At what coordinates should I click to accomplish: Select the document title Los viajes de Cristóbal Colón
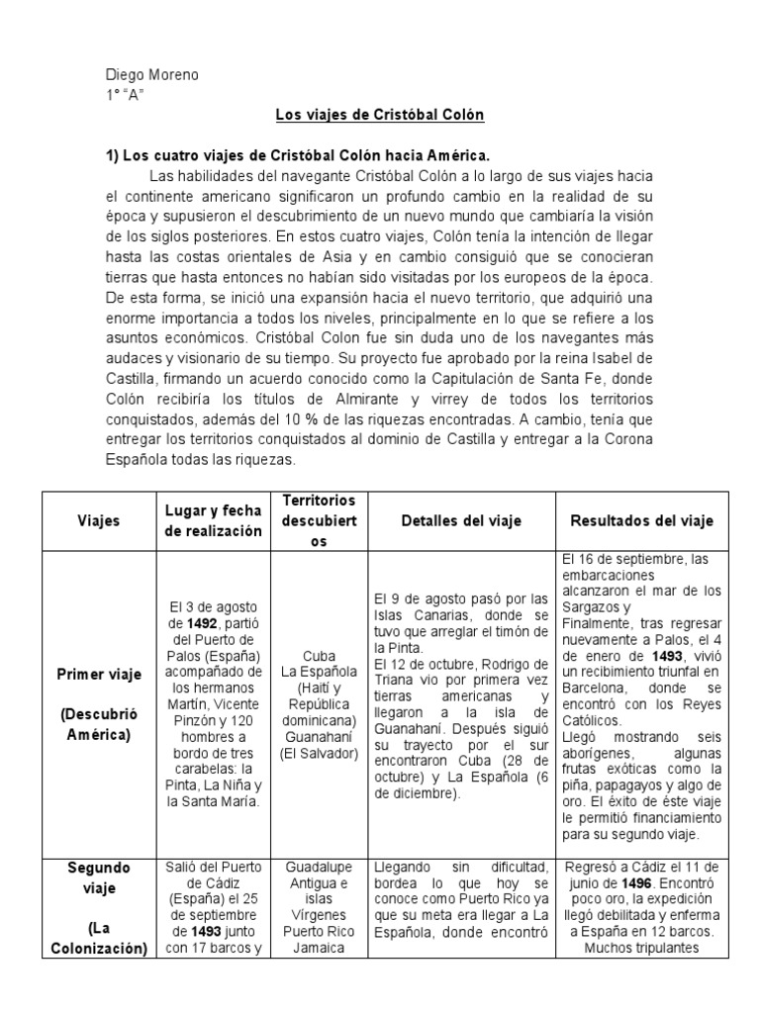coord(379,116)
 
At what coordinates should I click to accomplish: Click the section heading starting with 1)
coord(298,156)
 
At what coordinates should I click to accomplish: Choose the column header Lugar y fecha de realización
coord(213,521)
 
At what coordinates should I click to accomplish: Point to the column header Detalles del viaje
coord(461,521)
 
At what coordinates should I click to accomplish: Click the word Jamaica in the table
coord(320,946)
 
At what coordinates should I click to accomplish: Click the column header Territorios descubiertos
coord(320,521)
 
